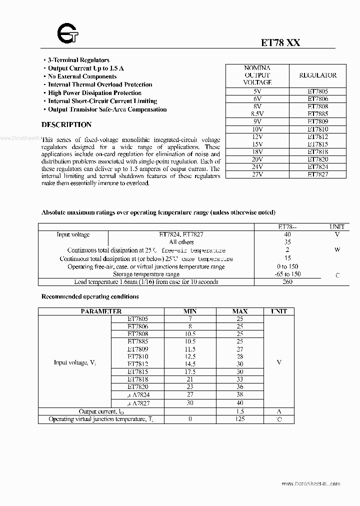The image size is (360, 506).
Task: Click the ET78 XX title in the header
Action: [x=280, y=43]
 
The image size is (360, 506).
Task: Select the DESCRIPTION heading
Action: [x=66, y=124]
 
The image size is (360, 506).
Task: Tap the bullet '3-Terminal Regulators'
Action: [x=78, y=60]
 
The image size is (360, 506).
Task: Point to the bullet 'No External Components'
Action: [x=82, y=76]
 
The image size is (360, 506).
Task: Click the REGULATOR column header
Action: [x=317, y=75]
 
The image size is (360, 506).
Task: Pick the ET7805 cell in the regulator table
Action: [x=317, y=91]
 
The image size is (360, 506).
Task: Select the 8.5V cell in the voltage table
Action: [x=257, y=114]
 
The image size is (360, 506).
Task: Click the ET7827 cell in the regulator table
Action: [x=317, y=174]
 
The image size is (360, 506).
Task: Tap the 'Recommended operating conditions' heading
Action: [x=90, y=296]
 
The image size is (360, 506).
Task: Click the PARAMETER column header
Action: [x=94, y=311]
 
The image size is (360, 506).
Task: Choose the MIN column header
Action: [x=190, y=311]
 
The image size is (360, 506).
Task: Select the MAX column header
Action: [x=240, y=311]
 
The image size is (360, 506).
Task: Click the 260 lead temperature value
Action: [x=287, y=282]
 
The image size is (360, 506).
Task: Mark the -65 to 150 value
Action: [x=287, y=274]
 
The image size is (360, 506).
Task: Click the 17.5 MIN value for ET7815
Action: [x=190, y=371]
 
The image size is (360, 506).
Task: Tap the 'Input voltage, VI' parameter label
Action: [x=74, y=362]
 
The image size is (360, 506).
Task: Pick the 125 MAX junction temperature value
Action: [x=240, y=419]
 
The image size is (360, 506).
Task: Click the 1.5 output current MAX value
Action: [x=240, y=411]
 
